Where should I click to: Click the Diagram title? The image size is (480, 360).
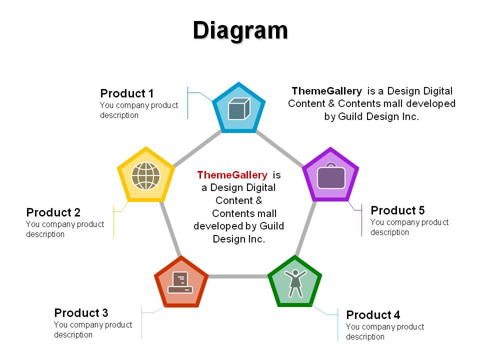[240, 31]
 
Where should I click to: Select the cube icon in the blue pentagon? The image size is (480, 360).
[239, 108]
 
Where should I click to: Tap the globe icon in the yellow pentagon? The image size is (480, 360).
[145, 176]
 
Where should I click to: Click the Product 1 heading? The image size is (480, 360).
[126, 93]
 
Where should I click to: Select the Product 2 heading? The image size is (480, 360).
[53, 212]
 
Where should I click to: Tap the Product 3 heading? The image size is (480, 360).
[81, 313]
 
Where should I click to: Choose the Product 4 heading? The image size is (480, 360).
[373, 314]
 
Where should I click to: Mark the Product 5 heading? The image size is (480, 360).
[397, 210]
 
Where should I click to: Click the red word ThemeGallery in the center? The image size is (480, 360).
[232, 175]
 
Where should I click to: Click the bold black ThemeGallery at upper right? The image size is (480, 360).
[326, 91]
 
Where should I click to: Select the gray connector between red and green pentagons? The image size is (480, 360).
[238, 276]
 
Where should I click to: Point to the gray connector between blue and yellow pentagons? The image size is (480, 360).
[197, 149]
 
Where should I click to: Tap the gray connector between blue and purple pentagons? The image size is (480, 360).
[279, 148]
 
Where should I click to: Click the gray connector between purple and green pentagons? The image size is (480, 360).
[305, 228]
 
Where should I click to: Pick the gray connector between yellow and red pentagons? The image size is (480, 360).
[170, 228]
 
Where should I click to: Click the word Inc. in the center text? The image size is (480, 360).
[256, 239]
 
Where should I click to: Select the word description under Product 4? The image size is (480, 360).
[365, 336]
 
